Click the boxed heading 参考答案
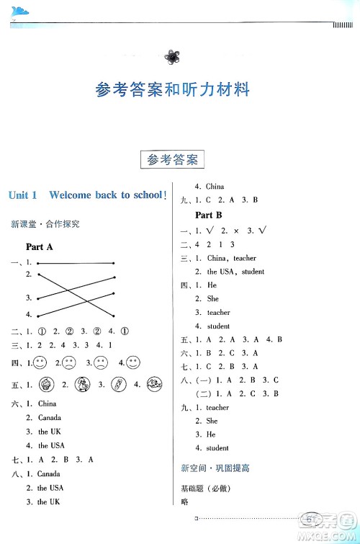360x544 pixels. [171, 160]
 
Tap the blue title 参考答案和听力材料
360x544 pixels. [172, 90]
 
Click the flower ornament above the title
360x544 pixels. [172, 56]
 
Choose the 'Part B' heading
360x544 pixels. [209, 215]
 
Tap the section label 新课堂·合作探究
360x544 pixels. [45, 224]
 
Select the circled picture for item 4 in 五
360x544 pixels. [153, 384]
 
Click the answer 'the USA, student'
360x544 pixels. [235, 272]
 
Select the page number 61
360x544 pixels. [312, 517]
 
